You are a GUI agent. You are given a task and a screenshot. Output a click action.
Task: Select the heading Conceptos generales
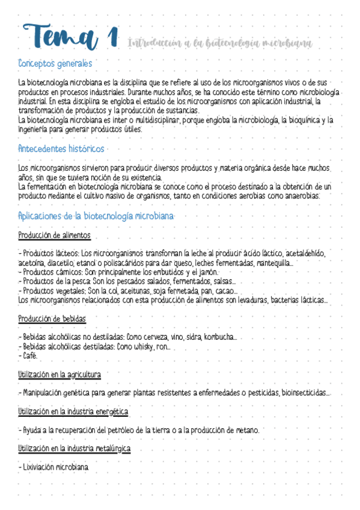[55, 63]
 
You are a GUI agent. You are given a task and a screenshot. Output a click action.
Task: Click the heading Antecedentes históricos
[61, 149]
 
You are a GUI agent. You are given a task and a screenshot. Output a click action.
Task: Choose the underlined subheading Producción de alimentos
[54, 235]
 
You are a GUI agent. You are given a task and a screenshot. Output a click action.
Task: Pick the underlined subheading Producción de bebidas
[52, 318]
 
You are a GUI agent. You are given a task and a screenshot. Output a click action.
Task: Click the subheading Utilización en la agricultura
[59, 375]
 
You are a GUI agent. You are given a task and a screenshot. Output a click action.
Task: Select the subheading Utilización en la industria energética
[73, 412]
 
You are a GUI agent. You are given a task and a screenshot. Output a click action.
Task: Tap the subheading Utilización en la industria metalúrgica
[75, 449]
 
